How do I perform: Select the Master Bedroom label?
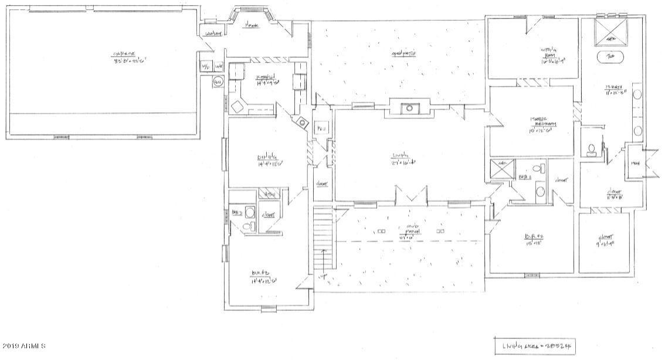coord(542,121)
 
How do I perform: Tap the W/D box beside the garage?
coord(206,67)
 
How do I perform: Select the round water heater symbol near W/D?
coord(217,82)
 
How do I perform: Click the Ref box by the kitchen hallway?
coord(321,128)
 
